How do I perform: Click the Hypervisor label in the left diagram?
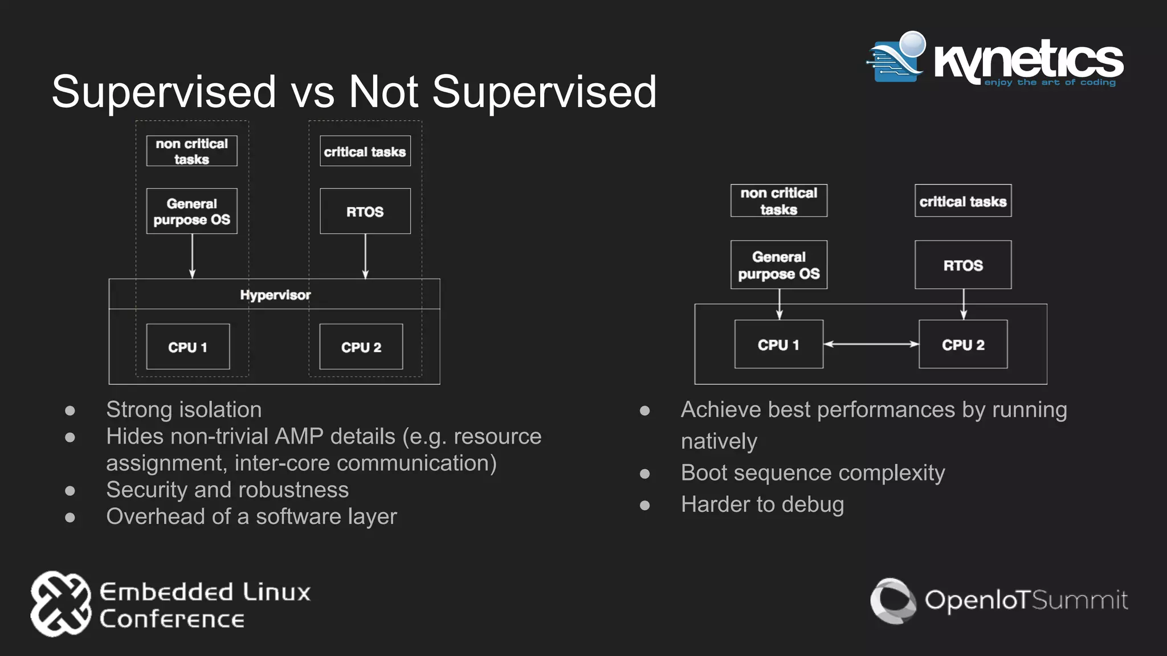(275, 295)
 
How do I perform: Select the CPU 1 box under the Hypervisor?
(188, 347)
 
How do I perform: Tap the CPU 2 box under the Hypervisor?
(361, 347)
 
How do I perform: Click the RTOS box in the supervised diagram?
(365, 211)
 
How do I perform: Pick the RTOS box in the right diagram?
(963, 265)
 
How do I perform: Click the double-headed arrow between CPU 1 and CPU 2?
(871, 344)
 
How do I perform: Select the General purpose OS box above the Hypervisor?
(191, 211)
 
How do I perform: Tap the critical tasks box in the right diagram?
(963, 201)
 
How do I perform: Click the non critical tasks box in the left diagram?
(191, 151)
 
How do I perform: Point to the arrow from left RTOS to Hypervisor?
(365, 256)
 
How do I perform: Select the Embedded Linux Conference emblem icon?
(60, 604)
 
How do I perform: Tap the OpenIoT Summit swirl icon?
(892, 601)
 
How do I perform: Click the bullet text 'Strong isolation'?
(183, 410)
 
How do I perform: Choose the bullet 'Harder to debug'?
(762, 505)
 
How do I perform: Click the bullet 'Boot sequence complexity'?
(813, 473)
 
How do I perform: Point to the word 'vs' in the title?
(312, 92)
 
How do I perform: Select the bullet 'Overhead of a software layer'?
(251, 516)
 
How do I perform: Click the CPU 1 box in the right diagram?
(778, 345)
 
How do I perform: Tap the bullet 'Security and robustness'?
(227, 490)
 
